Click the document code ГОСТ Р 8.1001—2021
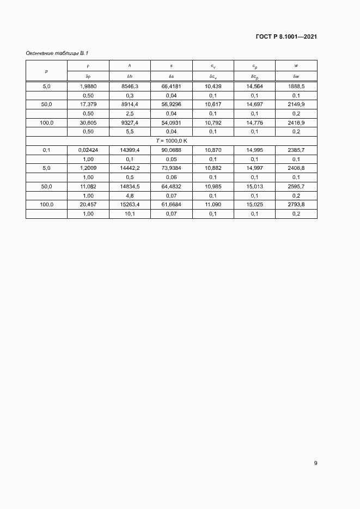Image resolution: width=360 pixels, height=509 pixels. [x=286, y=37]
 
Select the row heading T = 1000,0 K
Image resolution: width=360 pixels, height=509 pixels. [x=171, y=140]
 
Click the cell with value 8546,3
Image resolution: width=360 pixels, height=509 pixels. [x=130, y=86]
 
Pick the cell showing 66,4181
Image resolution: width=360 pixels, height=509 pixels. [x=171, y=86]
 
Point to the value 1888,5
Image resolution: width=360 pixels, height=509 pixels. [x=296, y=86]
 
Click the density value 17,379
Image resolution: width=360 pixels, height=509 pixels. [x=88, y=104]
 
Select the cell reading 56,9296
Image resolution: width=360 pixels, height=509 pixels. [x=171, y=104]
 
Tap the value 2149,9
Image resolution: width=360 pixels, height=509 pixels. [x=296, y=104]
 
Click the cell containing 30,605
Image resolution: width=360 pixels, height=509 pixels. [x=88, y=122]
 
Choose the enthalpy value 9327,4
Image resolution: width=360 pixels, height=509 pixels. [x=130, y=122]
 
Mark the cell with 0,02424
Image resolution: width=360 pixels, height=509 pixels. [x=88, y=150]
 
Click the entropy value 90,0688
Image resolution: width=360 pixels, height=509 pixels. [x=171, y=150]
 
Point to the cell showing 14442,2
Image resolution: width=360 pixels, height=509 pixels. [x=130, y=168]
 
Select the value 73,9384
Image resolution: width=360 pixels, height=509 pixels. [x=171, y=168]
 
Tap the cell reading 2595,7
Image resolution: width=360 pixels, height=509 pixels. [x=296, y=187]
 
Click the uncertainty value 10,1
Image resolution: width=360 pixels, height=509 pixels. [x=130, y=214]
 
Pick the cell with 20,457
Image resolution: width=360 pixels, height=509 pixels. [x=88, y=205]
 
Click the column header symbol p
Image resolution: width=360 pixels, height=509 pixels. [x=46, y=71]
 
